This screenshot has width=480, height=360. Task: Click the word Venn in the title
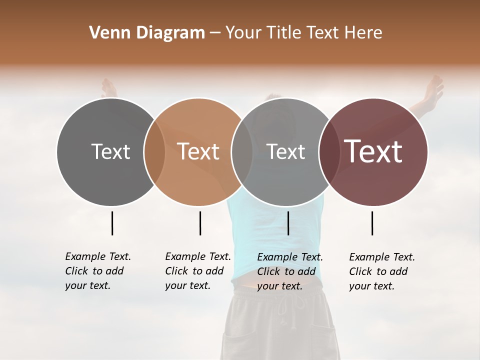click(104, 33)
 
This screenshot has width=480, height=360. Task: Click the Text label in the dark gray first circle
click(110, 151)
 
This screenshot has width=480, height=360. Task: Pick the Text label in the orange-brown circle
click(198, 151)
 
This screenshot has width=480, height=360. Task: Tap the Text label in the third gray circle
click(285, 151)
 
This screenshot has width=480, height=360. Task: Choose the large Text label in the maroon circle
click(373, 151)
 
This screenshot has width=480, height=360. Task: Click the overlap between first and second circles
click(154, 152)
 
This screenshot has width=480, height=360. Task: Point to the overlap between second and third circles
click(242, 152)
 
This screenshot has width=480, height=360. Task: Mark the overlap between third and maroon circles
click(329, 152)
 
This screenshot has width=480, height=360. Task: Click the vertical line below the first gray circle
click(112, 223)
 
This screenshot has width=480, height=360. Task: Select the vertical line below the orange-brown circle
click(200, 223)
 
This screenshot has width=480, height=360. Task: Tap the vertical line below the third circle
click(288, 223)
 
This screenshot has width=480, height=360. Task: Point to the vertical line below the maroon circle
click(372, 223)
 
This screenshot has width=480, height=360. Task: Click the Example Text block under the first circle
click(97, 271)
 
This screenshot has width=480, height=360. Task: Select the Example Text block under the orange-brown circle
click(197, 271)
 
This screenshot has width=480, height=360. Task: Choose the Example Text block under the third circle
click(289, 271)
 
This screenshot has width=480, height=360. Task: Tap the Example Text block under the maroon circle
click(381, 271)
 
